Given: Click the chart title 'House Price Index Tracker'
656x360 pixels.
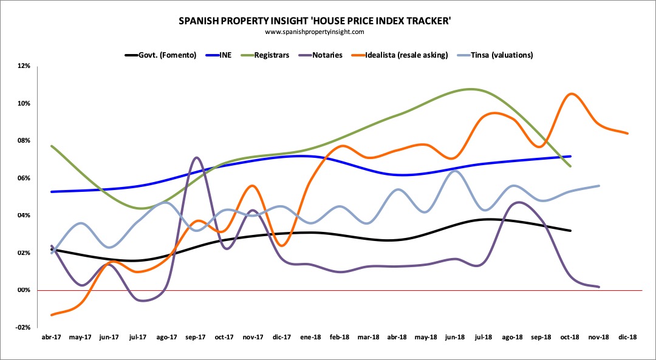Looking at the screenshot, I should (315, 21).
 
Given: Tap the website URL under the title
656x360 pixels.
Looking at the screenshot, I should (315, 32).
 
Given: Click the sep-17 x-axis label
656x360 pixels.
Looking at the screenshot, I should (196, 338).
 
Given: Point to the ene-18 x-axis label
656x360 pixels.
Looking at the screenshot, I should (311, 338).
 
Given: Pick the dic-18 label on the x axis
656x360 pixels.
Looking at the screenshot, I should (627, 338).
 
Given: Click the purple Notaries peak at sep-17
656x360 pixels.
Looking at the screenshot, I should (196, 158).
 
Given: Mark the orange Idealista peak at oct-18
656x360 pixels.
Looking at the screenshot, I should (571, 93).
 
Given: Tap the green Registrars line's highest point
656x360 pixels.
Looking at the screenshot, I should (470, 89).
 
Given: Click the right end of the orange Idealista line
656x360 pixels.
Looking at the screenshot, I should (628, 134).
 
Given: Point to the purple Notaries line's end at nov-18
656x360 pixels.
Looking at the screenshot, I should (600, 287).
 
